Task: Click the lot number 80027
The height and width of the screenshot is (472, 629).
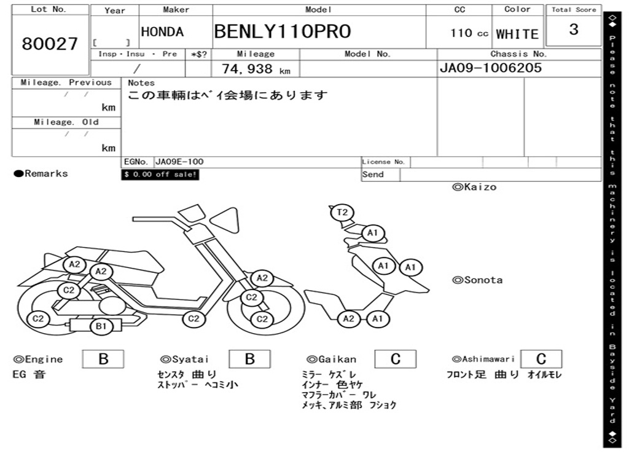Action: tap(50, 44)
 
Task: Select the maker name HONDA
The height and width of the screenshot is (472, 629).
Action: tap(162, 33)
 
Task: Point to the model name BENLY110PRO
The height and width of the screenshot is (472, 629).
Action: tap(283, 32)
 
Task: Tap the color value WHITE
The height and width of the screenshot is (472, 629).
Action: tap(517, 34)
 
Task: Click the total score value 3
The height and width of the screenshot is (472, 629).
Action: tap(573, 30)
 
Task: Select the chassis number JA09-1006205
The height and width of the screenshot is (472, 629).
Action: tap(490, 68)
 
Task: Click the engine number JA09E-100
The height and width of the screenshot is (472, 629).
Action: tap(179, 162)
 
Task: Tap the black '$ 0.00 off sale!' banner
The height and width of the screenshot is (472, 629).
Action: tap(160, 175)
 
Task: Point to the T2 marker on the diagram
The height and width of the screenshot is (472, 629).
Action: tap(342, 213)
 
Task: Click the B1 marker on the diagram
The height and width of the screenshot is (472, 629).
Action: tap(101, 326)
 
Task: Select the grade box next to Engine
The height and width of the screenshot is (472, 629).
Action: tap(103, 359)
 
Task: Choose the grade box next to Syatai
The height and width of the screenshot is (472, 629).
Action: tap(249, 359)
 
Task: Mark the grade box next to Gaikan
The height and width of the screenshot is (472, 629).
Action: tap(395, 359)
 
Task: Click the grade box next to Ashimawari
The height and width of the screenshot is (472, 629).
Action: tap(541, 359)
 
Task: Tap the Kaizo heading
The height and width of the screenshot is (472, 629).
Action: tap(474, 187)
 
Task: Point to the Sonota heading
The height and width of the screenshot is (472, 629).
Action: tap(477, 280)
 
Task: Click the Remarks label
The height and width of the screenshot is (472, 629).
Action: tap(41, 174)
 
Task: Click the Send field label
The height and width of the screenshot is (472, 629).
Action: tap(373, 175)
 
